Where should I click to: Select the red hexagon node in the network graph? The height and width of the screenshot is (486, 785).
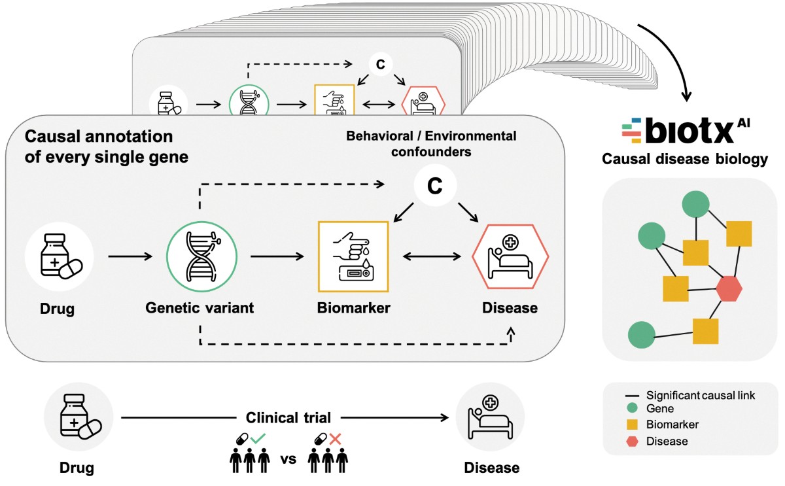coord(728,288)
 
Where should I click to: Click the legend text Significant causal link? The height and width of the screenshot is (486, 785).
coord(701,395)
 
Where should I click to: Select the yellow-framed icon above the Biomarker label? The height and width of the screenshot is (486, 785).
coord(353,256)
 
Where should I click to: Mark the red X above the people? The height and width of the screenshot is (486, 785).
coord(334,439)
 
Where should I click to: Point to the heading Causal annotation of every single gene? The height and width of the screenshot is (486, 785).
coord(99,147)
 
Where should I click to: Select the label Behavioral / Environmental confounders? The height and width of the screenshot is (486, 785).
coord(431,144)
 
